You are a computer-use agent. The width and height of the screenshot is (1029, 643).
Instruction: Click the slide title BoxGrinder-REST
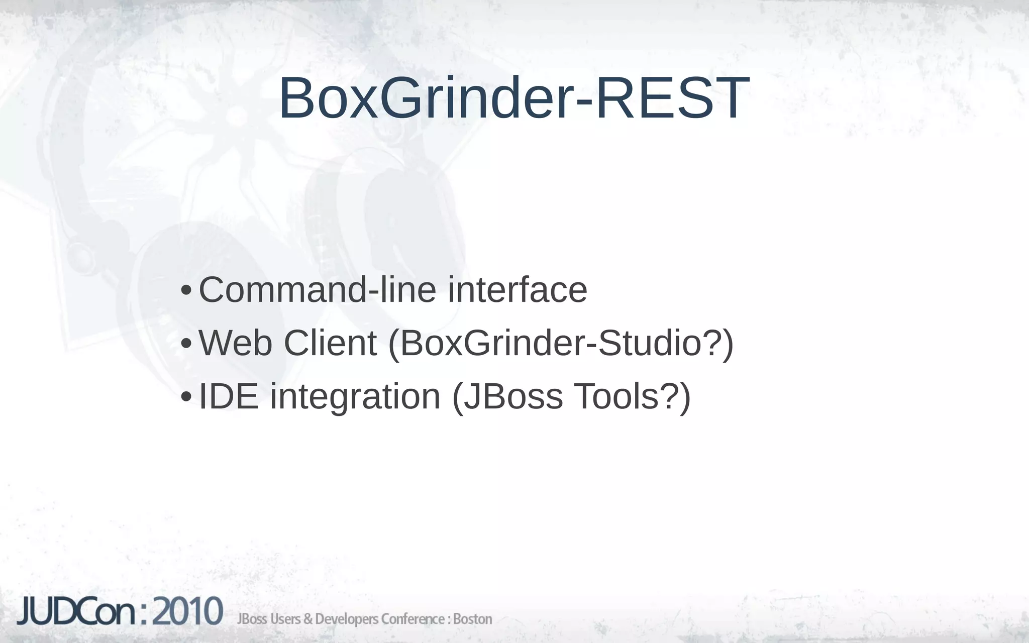click(513, 98)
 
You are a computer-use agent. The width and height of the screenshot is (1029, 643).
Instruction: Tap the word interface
click(518, 290)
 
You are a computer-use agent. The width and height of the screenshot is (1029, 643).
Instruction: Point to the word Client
click(330, 343)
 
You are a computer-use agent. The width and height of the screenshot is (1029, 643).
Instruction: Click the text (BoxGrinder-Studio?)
click(561, 344)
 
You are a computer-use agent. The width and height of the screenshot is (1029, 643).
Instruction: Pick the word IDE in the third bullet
click(229, 396)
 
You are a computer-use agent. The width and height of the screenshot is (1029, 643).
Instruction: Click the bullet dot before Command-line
click(185, 291)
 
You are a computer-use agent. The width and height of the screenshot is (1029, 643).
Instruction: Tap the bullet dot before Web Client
click(185, 344)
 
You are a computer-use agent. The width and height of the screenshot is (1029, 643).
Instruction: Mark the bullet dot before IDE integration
click(185, 397)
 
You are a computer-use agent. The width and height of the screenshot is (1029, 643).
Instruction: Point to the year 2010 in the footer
click(187, 612)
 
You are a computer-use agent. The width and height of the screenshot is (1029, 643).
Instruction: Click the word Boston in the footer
click(472, 619)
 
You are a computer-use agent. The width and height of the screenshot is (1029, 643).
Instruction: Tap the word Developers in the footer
click(346, 619)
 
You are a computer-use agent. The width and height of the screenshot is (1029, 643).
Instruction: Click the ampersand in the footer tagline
click(307, 619)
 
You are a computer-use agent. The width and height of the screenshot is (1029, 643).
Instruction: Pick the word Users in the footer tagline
click(285, 619)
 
